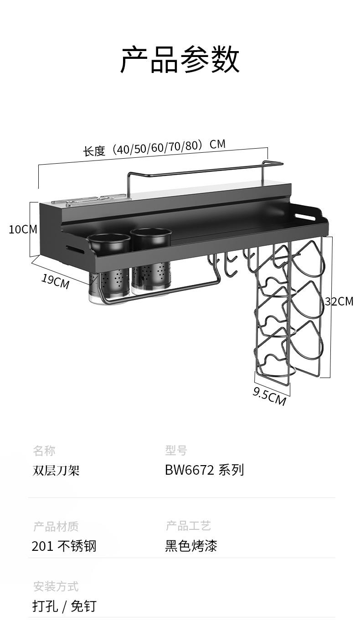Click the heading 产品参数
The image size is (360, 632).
pos(180,60)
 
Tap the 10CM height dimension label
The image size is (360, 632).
pos(23,230)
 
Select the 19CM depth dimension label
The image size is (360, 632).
pos(56,281)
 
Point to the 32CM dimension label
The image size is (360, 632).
pos(339,301)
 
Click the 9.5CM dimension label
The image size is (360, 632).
pos(269,396)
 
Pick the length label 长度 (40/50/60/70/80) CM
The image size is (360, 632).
pos(154,148)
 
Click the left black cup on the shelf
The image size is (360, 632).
pos(109,243)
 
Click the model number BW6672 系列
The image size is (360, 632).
pos(205,470)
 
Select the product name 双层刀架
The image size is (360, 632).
pos(56,470)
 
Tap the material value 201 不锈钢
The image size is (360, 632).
pos(64,546)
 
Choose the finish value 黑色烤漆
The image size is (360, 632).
pos(191,546)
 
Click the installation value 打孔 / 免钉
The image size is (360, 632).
pos(64,606)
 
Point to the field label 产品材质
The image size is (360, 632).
pos(56,526)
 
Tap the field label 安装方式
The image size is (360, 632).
pos(56,586)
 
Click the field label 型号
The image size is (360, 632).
pos(176,451)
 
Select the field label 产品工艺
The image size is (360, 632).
pos(188,526)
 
